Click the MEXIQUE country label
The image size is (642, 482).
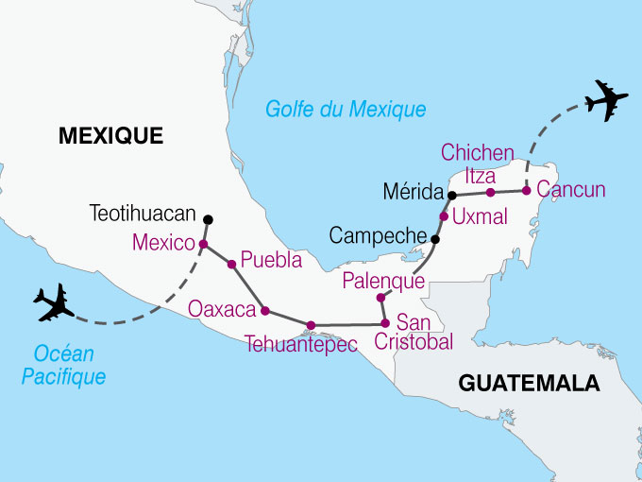point(110,136)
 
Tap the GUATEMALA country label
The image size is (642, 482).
point(529,383)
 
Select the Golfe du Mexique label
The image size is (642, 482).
point(345,110)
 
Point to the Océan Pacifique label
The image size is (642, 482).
point(69,365)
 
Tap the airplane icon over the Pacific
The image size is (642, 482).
point(54,302)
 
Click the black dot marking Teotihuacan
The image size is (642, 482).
point(208,220)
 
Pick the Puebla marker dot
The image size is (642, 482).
point(231,265)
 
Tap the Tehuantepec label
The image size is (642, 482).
point(301,345)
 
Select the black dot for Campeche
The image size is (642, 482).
point(434,239)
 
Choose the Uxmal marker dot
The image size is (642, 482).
point(444,216)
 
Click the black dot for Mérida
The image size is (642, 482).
point(452,195)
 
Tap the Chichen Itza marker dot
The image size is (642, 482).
point(490,192)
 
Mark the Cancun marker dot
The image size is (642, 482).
point(526,190)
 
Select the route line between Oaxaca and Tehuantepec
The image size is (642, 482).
point(287,318)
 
